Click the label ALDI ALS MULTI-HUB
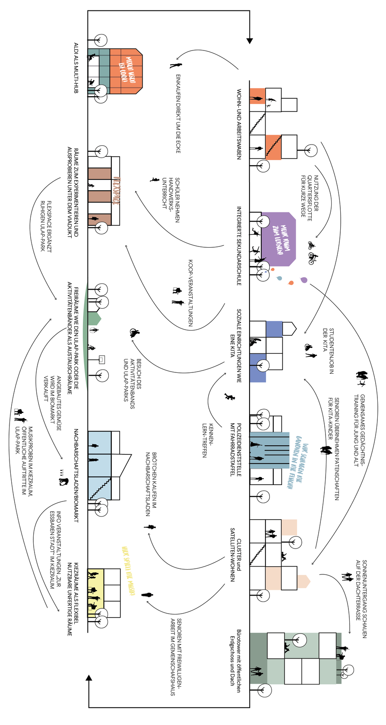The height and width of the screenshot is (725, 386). tap(76, 68)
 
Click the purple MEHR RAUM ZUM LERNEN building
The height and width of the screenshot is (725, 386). tap(279, 240)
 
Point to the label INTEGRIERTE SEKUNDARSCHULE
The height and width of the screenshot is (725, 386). tap(238, 246)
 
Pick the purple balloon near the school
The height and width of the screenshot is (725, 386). tap(304, 280)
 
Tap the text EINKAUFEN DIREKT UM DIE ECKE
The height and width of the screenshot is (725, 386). tap(178, 113)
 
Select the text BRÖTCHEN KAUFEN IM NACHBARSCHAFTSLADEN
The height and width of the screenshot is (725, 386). tap(151, 484)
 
